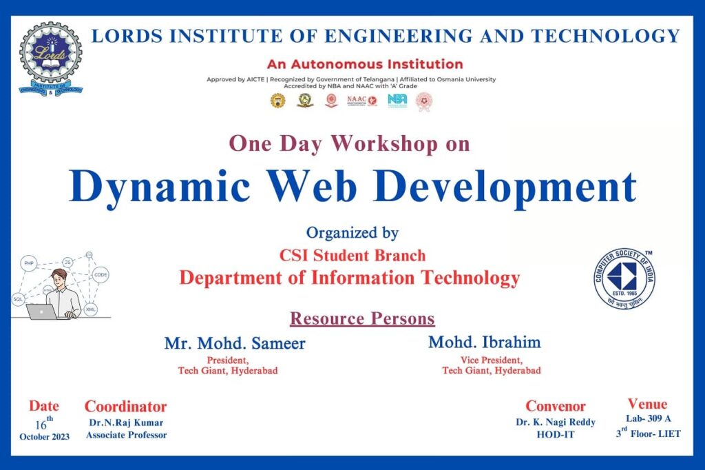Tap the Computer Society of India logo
click(625, 278)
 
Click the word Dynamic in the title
click(160, 186)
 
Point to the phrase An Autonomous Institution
click(365, 65)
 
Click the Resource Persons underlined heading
click(362, 318)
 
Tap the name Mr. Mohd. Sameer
click(235, 343)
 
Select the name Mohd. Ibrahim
click(485, 341)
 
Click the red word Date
click(44, 406)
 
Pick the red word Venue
click(647, 404)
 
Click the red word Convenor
click(556, 406)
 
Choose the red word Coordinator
click(126, 406)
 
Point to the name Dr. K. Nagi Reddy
click(556, 422)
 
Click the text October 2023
click(45, 436)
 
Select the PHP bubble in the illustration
click(29, 263)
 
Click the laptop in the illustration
click(41, 311)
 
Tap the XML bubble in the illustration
click(91, 309)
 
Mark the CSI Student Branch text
click(352, 256)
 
